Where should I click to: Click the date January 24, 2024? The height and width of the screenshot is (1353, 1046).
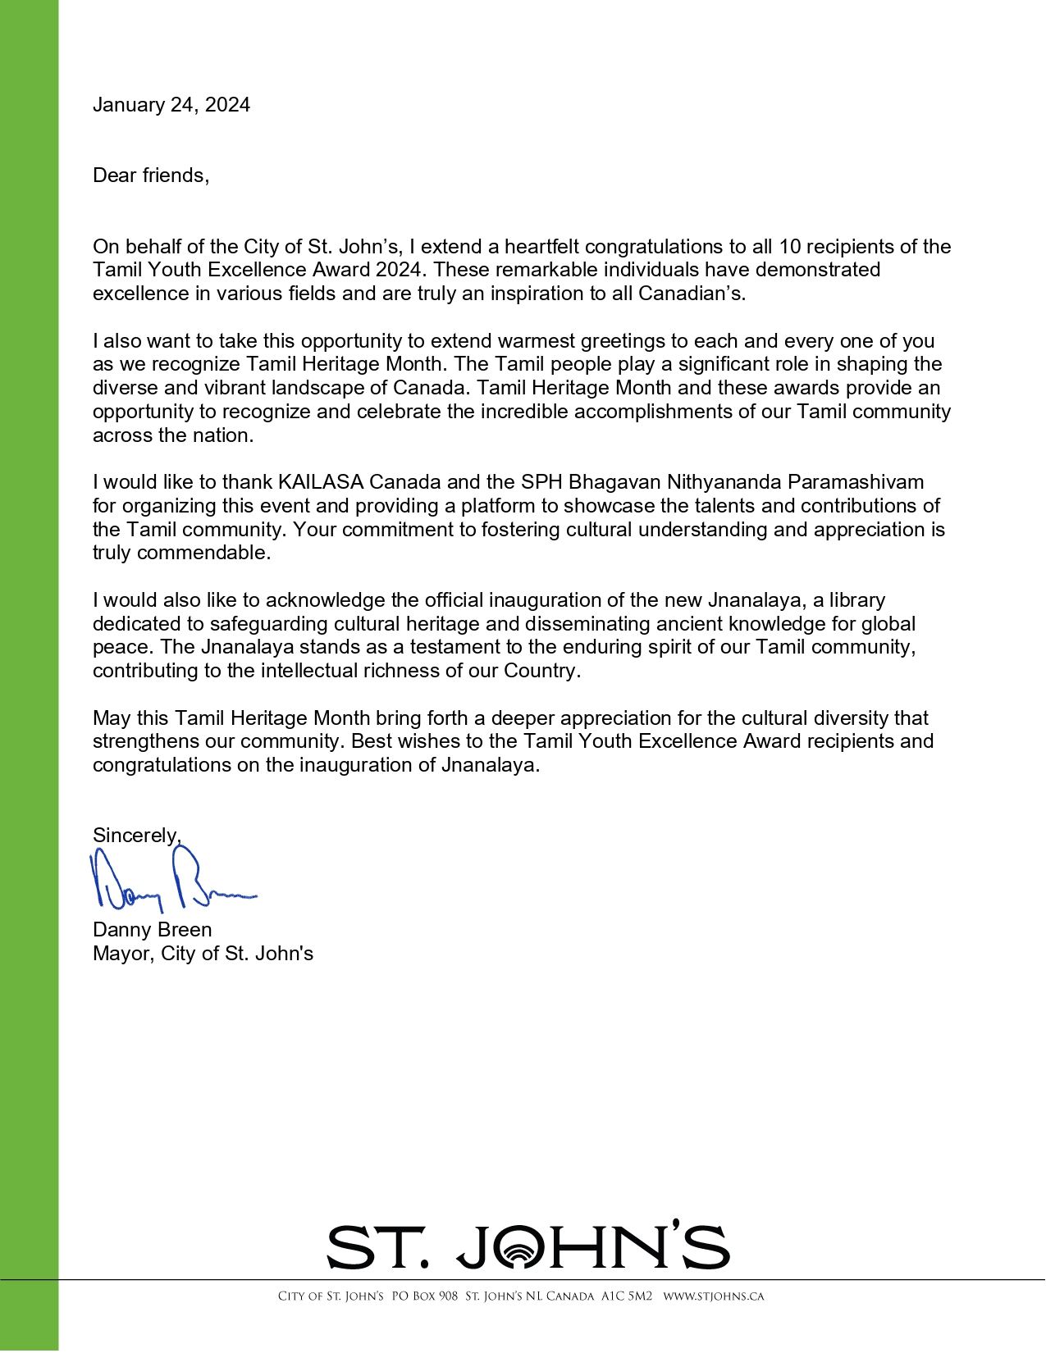[x=171, y=105]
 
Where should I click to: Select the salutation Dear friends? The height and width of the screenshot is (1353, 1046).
[x=151, y=175]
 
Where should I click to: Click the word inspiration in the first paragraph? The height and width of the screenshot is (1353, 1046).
[x=537, y=294]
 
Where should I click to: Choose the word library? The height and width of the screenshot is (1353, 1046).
[x=857, y=600]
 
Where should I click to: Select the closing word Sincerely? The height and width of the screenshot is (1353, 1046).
[x=136, y=836]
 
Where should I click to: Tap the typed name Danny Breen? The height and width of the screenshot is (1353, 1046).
[x=153, y=930]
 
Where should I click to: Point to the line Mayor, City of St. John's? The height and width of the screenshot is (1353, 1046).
[x=203, y=954]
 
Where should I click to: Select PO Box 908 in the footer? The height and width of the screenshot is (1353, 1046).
[x=424, y=1296]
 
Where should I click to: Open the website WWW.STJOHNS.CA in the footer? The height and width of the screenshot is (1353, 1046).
[x=713, y=1296]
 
